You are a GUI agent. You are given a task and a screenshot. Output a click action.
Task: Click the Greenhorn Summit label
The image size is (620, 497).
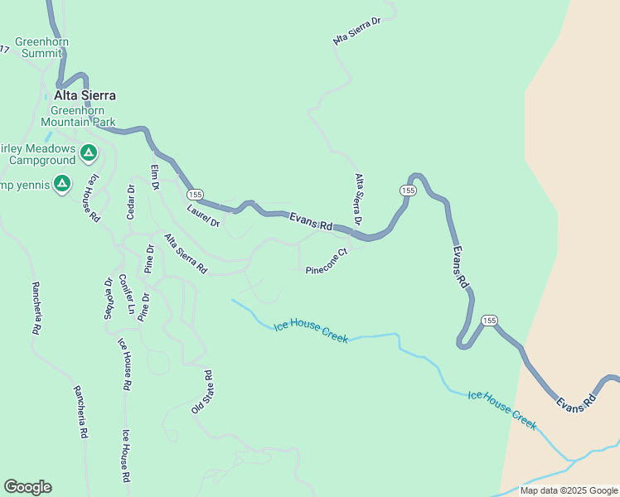tap(41, 47)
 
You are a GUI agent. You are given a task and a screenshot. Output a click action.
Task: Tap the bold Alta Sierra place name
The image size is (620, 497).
tap(85, 95)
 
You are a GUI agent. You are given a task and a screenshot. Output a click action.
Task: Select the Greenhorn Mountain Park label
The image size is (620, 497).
tap(83, 116)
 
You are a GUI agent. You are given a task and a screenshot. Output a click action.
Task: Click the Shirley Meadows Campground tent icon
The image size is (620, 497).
tap(89, 152)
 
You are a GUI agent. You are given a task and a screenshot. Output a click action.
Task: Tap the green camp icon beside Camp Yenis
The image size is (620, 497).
tap(61, 183)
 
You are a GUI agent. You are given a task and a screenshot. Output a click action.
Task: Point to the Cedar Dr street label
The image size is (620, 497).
tap(130, 202)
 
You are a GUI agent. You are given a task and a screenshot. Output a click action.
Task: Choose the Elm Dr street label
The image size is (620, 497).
tap(154, 177)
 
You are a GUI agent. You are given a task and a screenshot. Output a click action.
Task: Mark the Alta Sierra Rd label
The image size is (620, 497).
tap(185, 253)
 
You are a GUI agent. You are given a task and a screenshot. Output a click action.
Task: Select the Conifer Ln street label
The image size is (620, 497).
tap(127, 294)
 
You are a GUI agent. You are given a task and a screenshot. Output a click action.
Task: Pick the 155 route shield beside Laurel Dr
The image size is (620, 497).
tap(194, 194)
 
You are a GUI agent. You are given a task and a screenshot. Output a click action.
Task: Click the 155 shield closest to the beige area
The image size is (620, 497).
tap(490, 320)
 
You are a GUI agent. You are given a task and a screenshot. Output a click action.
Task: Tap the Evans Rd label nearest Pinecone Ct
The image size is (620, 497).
tap(311, 221)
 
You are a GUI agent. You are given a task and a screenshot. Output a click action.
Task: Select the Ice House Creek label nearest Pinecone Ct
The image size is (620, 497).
tap(311, 333)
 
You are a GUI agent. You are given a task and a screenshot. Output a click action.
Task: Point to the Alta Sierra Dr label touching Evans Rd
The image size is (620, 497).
tap(358, 200)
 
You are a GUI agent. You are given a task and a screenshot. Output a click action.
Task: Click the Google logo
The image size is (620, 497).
tap(27, 487)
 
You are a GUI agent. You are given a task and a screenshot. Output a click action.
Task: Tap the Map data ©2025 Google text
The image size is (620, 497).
tap(569, 490)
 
